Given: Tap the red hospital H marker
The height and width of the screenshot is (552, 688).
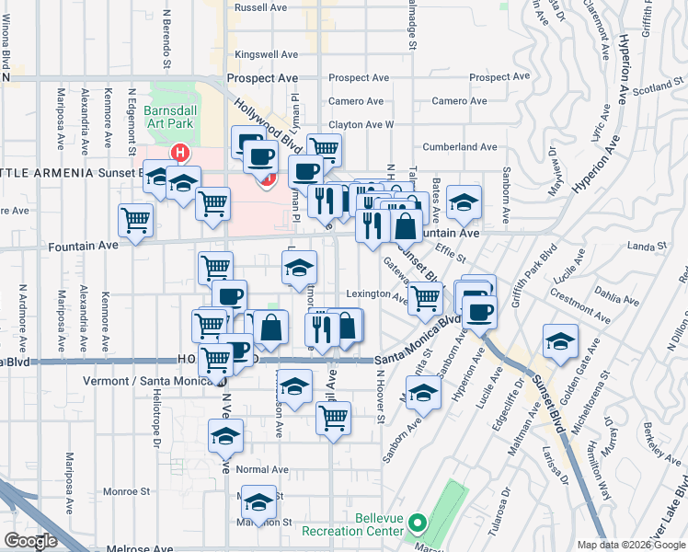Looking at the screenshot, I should (180, 152).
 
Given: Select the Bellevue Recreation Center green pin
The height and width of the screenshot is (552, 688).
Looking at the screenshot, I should (417, 524).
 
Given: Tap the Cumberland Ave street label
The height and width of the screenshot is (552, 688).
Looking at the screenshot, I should (460, 146).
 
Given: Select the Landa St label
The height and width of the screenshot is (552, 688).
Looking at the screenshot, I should (647, 247).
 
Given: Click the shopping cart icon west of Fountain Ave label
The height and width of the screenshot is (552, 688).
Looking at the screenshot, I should (135, 220).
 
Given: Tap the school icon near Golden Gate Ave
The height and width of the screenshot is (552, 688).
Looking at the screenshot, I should (559, 340).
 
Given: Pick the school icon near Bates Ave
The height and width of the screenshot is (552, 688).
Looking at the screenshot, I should (464, 201).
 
